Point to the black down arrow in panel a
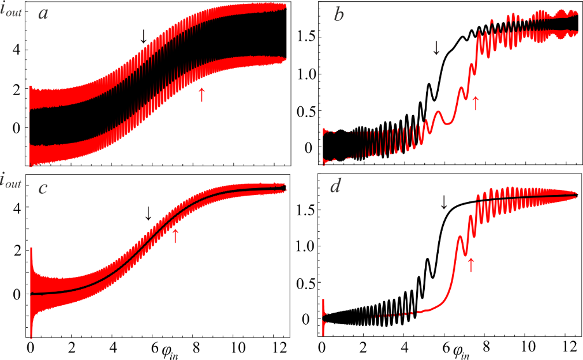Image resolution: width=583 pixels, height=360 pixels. click(x=144, y=36)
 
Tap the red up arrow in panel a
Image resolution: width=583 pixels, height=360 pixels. click(x=201, y=94)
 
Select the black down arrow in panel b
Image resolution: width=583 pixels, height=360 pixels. click(x=436, y=48)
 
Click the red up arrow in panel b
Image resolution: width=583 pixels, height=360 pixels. click(x=475, y=103)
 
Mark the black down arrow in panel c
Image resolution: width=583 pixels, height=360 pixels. click(x=148, y=213)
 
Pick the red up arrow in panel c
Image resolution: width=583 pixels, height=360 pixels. click(x=175, y=235)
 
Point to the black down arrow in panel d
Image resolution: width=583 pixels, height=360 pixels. click(x=443, y=202)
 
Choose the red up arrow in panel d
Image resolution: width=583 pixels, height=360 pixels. click(x=470, y=264)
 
